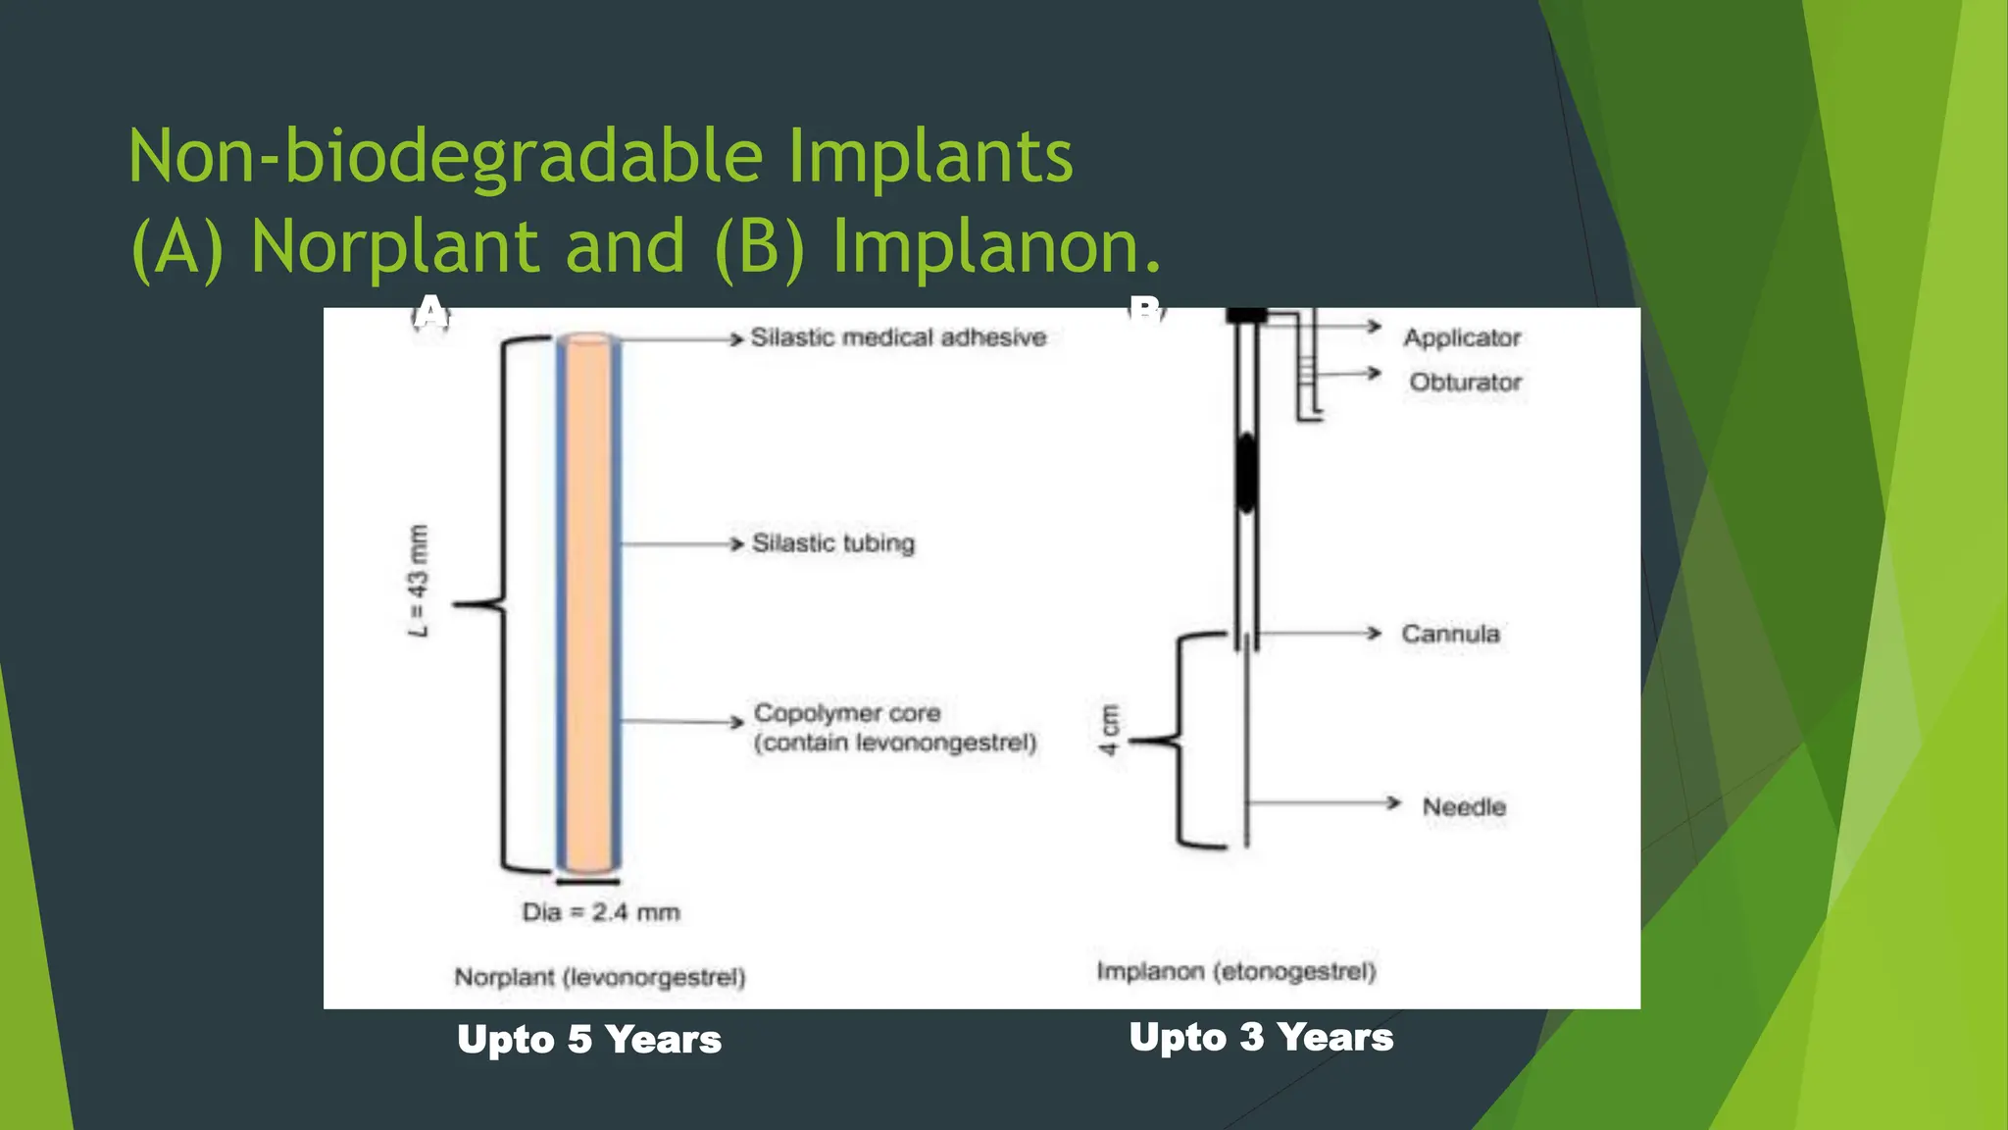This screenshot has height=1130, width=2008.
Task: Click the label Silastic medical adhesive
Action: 898,337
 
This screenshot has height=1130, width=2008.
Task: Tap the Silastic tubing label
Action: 832,543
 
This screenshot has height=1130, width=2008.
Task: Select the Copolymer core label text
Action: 847,713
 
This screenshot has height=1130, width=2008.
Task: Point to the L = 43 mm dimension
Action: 419,581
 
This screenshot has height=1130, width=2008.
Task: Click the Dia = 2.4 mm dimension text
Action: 600,912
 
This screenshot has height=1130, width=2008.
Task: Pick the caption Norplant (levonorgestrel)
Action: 600,977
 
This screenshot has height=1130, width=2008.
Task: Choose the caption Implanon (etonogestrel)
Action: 1236,971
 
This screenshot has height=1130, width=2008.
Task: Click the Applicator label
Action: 1462,337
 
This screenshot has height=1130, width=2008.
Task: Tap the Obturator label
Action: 1466,382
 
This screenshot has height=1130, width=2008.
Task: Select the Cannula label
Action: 1450,634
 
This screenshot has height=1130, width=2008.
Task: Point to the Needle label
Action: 1464,806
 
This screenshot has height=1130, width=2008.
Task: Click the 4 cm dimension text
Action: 1109,730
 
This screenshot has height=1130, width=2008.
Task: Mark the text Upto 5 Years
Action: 589,1040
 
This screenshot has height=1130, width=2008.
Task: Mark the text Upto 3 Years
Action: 1261,1037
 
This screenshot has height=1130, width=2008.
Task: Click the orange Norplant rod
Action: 588,603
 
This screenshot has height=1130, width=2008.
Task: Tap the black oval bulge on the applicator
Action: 1245,473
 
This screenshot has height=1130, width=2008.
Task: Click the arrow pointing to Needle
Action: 1324,803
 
